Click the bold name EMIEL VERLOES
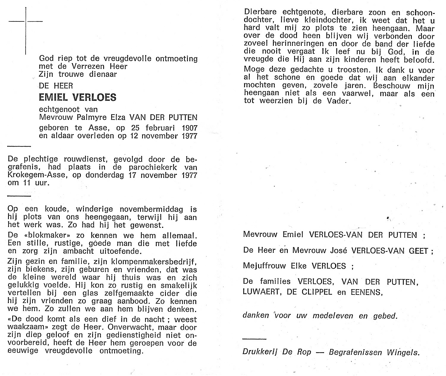click(78, 97)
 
